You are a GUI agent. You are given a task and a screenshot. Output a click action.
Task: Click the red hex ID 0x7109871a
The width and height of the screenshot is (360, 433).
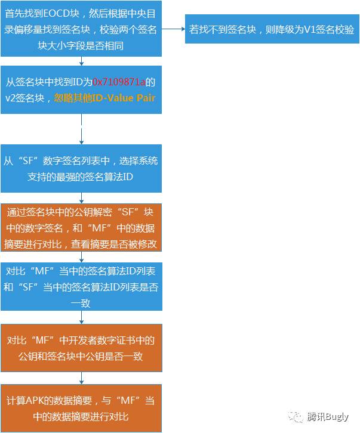(x=119, y=82)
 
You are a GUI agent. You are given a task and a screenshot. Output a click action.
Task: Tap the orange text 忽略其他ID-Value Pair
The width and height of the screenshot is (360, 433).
(x=104, y=98)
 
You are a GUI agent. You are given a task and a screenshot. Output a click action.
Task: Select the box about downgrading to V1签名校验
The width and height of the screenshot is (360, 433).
(x=271, y=29)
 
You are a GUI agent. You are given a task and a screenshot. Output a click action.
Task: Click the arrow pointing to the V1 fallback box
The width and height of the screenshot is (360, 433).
(x=173, y=29)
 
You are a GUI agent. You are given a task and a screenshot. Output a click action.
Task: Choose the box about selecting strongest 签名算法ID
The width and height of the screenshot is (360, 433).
(x=81, y=169)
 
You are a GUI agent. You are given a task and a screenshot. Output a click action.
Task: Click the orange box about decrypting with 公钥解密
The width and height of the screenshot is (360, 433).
(x=81, y=227)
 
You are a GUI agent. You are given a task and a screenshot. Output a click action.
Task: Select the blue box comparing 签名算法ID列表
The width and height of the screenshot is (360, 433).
(x=81, y=286)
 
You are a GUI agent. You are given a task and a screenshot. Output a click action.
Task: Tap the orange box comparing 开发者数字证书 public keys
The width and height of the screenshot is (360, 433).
(x=81, y=348)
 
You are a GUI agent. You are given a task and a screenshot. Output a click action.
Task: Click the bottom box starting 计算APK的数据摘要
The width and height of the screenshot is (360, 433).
(x=81, y=408)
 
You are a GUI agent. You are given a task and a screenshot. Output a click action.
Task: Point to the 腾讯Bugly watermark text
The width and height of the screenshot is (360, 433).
(x=328, y=417)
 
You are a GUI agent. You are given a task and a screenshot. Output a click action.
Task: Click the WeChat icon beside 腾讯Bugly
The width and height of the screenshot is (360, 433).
(x=295, y=416)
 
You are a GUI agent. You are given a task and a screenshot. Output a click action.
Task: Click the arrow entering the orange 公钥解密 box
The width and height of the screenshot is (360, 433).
(x=81, y=198)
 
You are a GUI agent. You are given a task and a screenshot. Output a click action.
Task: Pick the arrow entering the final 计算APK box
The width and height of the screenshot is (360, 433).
(x=81, y=378)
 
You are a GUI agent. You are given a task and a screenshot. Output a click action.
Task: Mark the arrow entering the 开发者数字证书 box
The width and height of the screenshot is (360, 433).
(x=81, y=317)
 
